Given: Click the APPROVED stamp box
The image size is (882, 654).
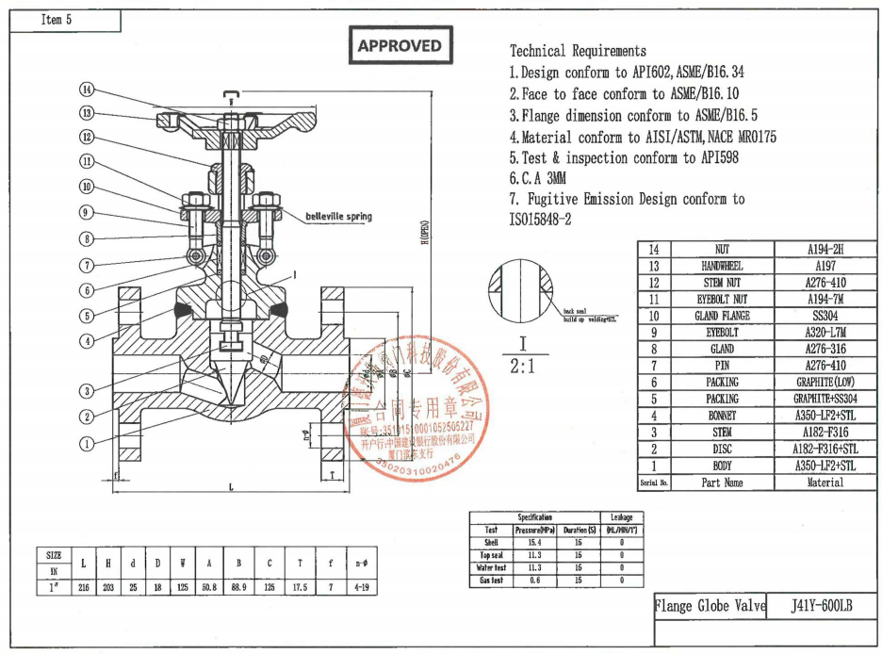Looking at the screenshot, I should click(x=400, y=45).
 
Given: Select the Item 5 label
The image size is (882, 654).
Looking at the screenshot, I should click(x=57, y=20).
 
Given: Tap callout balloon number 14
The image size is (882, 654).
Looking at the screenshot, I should click(x=87, y=90).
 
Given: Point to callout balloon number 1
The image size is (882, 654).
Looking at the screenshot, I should click(x=87, y=443).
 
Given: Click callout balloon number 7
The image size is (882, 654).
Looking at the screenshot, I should click(x=87, y=265).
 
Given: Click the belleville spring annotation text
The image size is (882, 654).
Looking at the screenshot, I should click(x=338, y=217).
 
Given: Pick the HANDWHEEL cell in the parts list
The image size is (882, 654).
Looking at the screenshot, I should click(x=722, y=266).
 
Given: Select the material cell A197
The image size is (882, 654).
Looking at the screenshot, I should click(x=825, y=266).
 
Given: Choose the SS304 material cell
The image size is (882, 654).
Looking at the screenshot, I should click(x=825, y=316).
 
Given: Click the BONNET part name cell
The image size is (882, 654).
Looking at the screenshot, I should click(x=722, y=416).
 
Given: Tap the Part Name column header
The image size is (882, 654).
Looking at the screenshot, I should click(x=722, y=482).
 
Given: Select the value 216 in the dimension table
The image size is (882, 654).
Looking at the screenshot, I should click(x=83, y=587).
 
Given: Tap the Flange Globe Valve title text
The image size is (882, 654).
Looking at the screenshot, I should click(x=710, y=606).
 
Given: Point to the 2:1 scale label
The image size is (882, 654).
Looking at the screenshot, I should click(x=521, y=367).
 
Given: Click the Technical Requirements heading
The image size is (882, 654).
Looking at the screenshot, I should click(x=578, y=51).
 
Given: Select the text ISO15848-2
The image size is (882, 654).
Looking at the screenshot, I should click(x=540, y=220).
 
